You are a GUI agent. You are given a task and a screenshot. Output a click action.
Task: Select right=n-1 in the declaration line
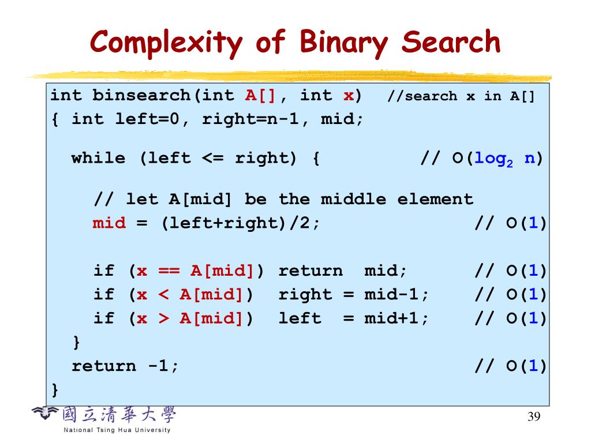pos(250,119)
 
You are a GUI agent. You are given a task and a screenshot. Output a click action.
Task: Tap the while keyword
pos(98,159)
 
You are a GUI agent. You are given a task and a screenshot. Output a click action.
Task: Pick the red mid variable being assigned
pos(109,223)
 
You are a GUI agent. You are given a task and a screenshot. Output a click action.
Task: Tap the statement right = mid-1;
pos(354,295)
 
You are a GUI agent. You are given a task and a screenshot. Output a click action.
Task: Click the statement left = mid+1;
pos(354,318)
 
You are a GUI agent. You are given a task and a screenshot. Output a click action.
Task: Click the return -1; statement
pos(125,366)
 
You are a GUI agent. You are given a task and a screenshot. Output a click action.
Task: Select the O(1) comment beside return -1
pos(510,366)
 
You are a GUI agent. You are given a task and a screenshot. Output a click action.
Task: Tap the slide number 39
pos(534,418)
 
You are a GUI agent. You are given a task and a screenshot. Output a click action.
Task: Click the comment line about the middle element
pos(283,200)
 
